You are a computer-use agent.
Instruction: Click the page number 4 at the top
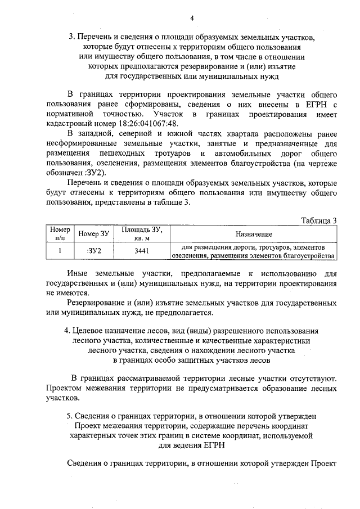tap(192, 17)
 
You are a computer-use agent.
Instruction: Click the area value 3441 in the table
tap(142, 251)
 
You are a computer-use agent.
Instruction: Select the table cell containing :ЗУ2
tap(94, 251)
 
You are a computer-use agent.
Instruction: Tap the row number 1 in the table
tap(60, 251)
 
